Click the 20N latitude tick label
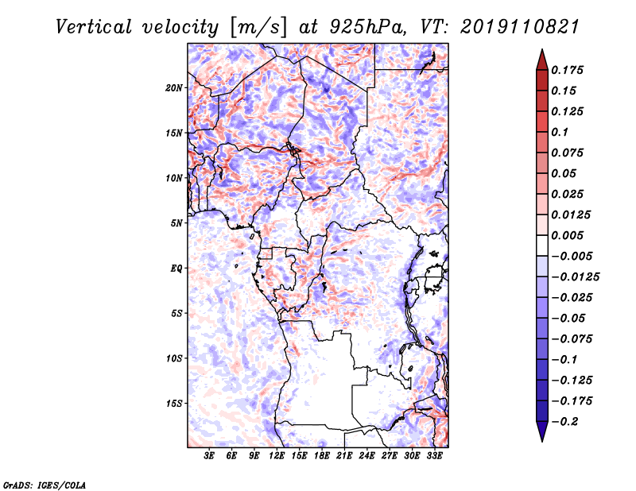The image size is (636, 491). [174, 88]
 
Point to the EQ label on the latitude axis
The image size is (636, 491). [176, 269]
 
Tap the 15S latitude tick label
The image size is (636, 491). [174, 404]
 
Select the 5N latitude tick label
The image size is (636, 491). [176, 223]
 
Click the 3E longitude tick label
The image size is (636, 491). [209, 455]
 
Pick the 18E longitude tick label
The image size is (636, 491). [322, 455]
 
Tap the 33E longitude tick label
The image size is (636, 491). [434, 455]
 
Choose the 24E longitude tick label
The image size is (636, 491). [366, 455]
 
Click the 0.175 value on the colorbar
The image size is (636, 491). [567, 70]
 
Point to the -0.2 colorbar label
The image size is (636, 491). [564, 422]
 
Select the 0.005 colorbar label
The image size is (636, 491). [567, 235]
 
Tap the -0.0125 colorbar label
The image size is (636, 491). [575, 277]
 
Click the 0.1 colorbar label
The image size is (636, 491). [560, 132]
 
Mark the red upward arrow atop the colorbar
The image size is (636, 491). [542, 60]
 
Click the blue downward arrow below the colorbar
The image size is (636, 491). [542, 431]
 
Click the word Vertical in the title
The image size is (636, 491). [94, 27]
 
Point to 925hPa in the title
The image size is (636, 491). [367, 27]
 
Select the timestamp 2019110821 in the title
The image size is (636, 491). [520, 27]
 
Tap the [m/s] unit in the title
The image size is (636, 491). [258, 27]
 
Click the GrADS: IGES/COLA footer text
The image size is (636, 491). [45, 485]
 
